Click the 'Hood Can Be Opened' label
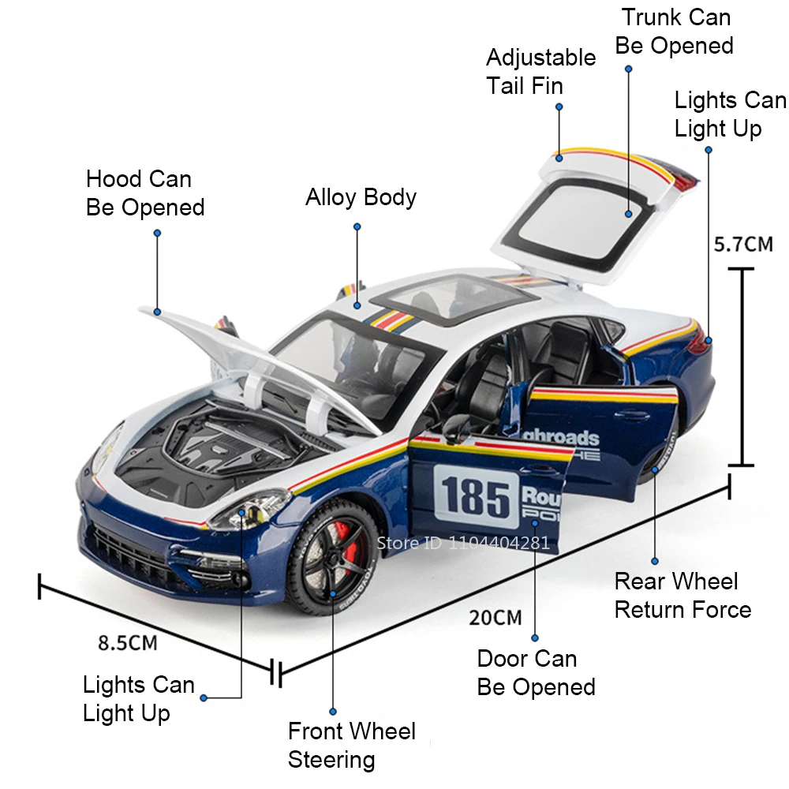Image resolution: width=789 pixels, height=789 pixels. click(144, 193)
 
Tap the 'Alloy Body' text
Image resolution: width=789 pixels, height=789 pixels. click(361, 197)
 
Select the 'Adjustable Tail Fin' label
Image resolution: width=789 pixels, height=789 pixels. click(540, 71)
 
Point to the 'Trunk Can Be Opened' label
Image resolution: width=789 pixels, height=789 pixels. click(675, 32)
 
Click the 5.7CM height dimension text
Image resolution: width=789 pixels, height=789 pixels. click(743, 245)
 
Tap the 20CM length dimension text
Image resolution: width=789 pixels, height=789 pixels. click(495, 617)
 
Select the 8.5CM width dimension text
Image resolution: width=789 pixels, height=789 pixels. click(127, 642)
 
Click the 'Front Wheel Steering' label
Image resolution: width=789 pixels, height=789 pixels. click(351, 746)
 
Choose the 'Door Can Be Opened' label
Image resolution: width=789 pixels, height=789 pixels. click(536, 673)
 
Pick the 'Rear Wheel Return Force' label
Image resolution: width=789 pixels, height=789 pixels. click(682, 596)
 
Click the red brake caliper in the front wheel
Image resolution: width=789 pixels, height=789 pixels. click(350, 544)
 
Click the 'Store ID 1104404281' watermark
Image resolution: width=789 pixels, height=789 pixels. click(463, 543)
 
